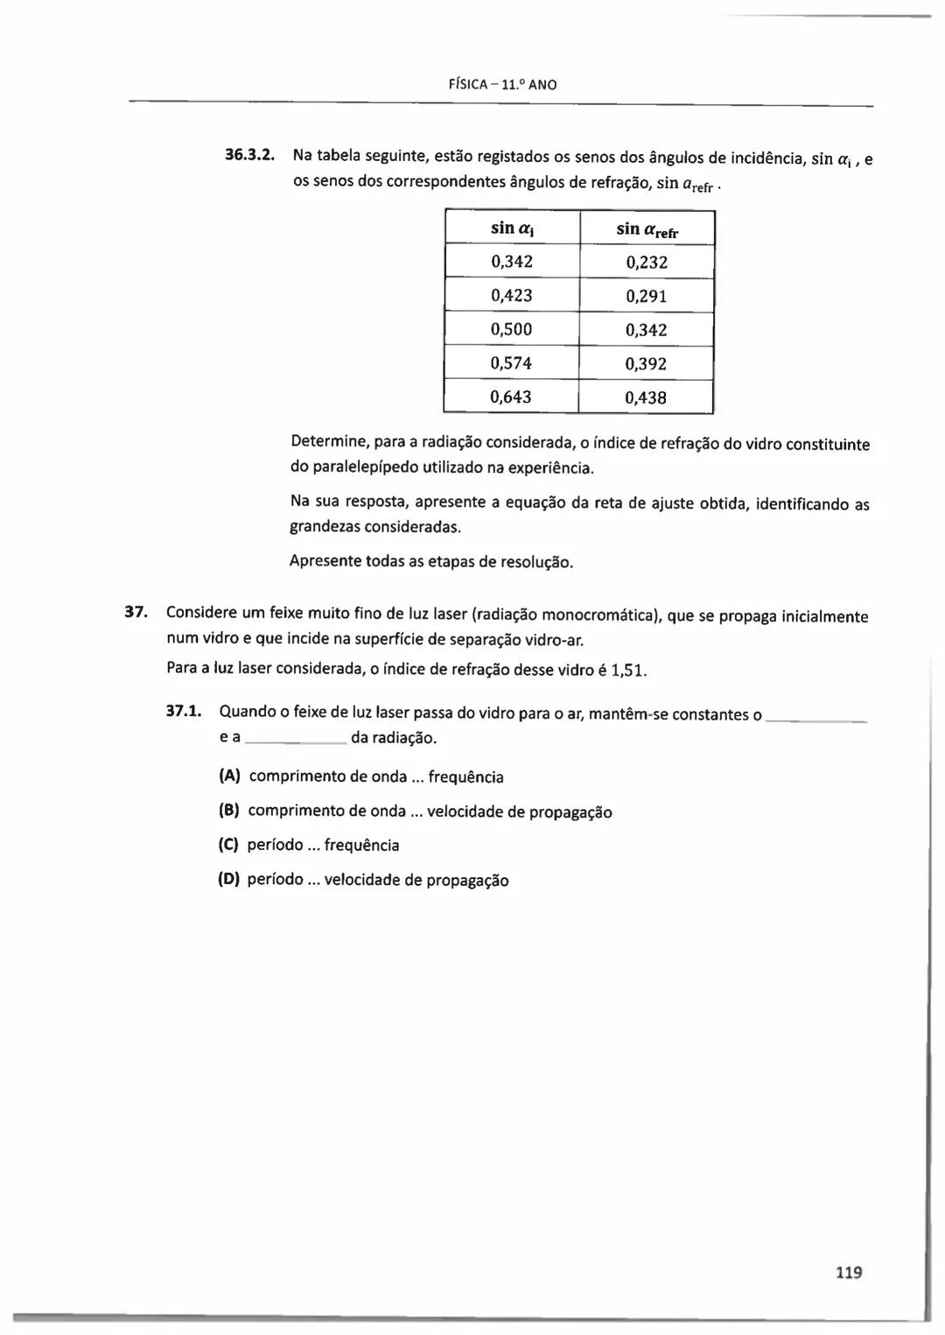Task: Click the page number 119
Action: click(848, 1272)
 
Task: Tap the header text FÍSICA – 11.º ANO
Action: click(502, 85)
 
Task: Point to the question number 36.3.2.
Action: click(250, 156)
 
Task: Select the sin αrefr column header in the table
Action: click(647, 229)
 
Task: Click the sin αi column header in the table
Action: click(512, 228)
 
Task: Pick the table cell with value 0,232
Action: click(647, 263)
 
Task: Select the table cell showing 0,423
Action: click(512, 296)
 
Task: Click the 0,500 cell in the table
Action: click(512, 330)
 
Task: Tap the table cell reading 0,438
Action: click(646, 398)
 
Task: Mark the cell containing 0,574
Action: click(512, 363)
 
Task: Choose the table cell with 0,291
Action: click(647, 297)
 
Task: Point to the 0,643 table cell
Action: click(511, 397)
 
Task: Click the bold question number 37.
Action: click(135, 612)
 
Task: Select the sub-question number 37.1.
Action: click(184, 711)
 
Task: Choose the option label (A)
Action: click(229, 776)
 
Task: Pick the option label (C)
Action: click(228, 846)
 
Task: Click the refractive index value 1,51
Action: click(627, 671)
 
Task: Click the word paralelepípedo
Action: click(364, 467)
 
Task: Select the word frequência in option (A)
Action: click(465, 777)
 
